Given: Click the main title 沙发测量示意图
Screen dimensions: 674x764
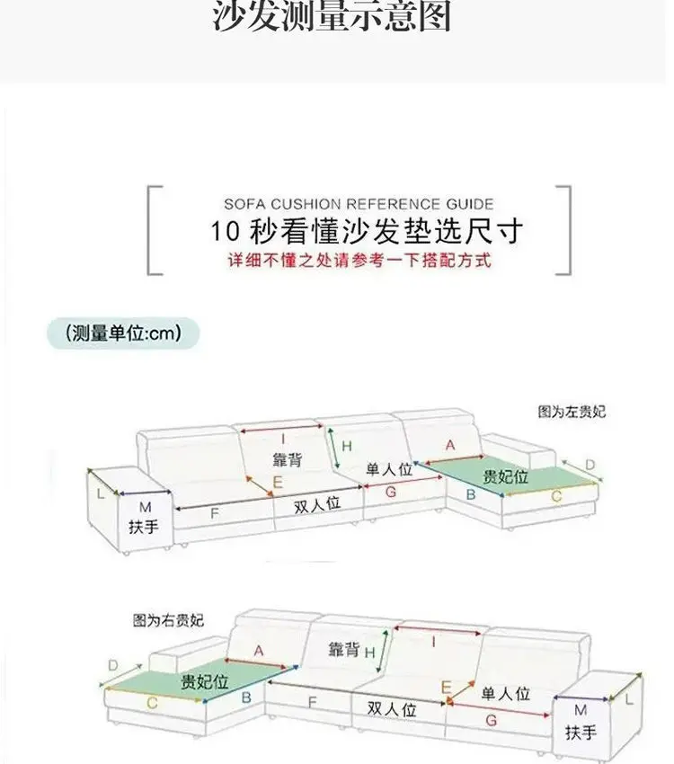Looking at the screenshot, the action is click(x=333, y=18).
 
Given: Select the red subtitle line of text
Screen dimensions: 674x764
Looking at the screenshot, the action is click(x=359, y=261).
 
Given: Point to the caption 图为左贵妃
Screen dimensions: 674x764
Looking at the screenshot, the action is click(x=572, y=412).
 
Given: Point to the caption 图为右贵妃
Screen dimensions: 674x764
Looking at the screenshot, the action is click(x=168, y=620).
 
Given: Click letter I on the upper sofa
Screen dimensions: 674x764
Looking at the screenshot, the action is click(x=282, y=439).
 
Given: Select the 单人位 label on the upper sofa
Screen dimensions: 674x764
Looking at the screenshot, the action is click(x=388, y=469).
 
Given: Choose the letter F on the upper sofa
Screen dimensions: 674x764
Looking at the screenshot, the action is click(x=214, y=514).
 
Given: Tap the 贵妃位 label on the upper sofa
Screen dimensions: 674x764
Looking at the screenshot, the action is click(x=506, y=476).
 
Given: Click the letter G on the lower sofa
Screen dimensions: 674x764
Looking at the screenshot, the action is click(x=491, y=720).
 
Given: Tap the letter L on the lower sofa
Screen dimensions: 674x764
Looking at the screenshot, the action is click(x=628, y=697).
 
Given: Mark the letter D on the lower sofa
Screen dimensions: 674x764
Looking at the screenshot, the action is click(x=113, y=665).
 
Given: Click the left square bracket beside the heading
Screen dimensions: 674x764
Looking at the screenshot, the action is click(x=154, y=229).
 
